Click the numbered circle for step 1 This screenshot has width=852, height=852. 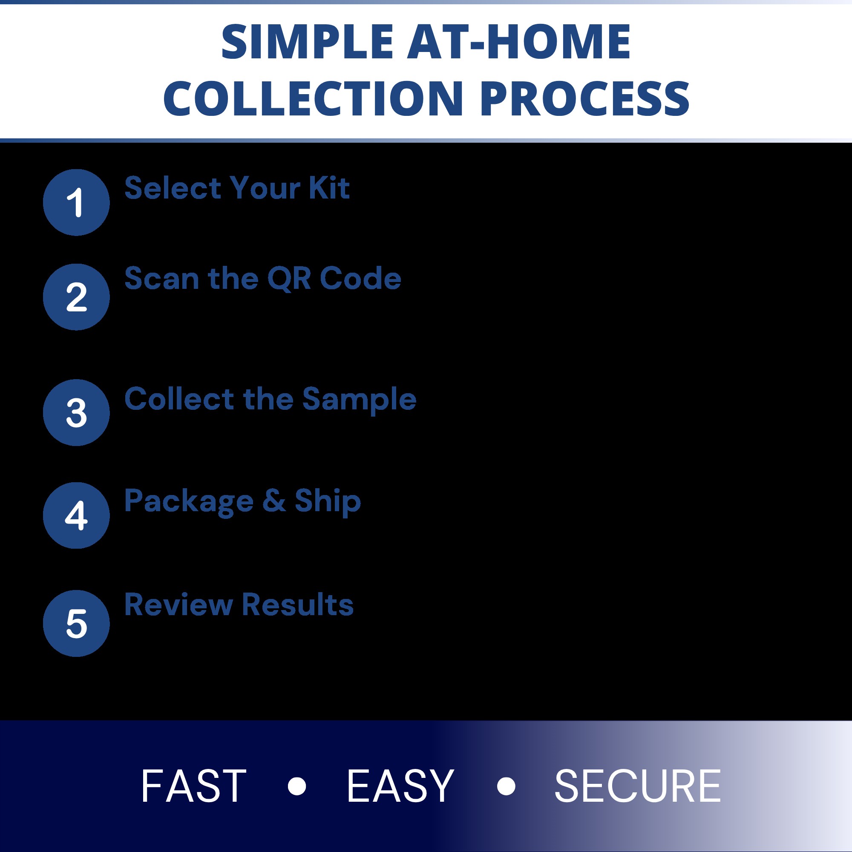click(76, 202)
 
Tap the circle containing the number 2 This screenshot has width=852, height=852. click(76, 297)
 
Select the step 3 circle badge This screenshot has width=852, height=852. click(76, 412)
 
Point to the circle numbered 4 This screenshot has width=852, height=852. click(76, 515)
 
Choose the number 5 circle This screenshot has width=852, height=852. click(76, 623)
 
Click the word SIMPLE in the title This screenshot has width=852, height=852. click(307, 41)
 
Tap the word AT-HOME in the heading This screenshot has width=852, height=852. click(518, 41)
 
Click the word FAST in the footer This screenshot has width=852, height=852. click(193, 786)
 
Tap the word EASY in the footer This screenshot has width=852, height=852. click(400, 786)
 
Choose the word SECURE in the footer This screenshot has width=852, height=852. click(638, 786)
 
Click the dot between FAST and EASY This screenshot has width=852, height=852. click(297, 786)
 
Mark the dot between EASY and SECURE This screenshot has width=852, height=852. click(506, 786)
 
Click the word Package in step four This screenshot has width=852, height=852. click(189, 502)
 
